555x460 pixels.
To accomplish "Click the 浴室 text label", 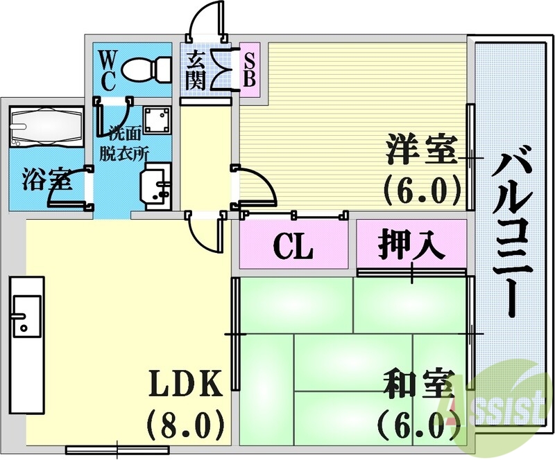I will point(46,179).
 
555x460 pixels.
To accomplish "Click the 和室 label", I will point(417,386).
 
